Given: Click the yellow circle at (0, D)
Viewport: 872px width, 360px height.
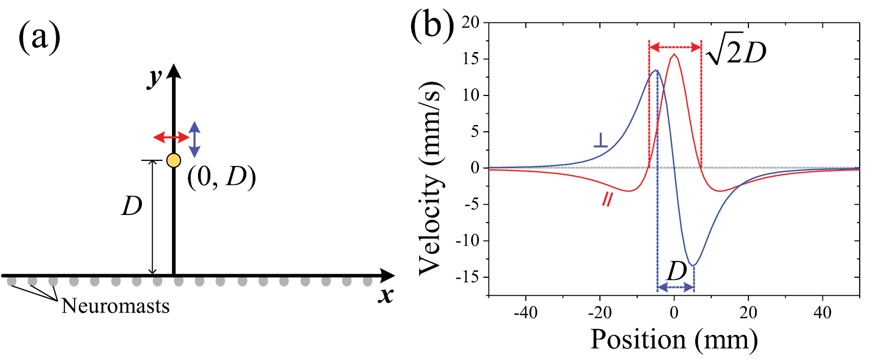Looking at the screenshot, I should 174,160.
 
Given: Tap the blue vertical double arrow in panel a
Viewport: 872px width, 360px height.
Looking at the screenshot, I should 195,139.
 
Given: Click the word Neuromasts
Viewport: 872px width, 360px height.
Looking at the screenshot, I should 115,306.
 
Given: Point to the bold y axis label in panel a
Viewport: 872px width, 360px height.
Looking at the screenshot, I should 155,77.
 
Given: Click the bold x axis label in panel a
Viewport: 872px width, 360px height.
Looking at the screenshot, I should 386,295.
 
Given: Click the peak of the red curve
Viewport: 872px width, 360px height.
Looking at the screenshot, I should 674,54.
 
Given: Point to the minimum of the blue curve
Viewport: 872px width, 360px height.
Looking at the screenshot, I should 693,265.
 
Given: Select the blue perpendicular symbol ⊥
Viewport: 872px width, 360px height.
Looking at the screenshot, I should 600,140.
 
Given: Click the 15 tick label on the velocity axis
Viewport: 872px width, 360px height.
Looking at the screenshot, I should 472,59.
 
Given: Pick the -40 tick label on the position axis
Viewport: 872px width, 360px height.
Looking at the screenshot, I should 525,312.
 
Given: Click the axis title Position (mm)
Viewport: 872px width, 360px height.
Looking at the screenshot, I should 674,340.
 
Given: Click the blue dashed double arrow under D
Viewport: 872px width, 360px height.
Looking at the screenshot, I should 675,288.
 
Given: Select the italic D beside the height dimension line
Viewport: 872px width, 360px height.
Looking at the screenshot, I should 131,207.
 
